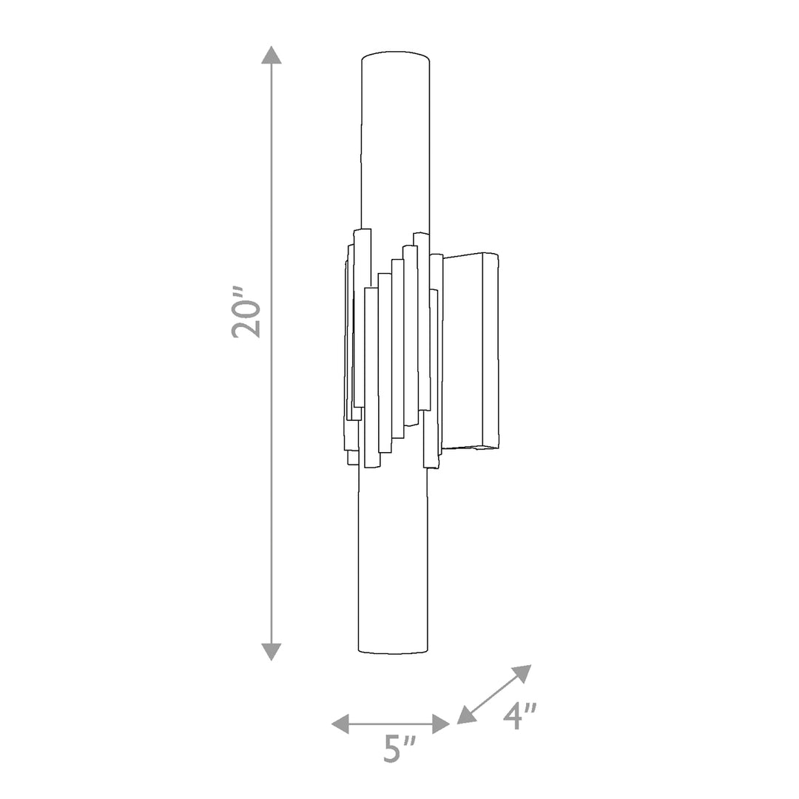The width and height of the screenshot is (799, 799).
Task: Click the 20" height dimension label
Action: pyautogui.click(x=246, y=313)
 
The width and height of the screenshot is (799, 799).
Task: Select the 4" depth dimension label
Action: pyautogui.click(x=520, y=716)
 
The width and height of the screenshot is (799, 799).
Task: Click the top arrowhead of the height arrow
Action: pyautogui.click(x=271, y=55)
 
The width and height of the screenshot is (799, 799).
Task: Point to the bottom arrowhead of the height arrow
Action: pyautogui.click(x=271, y=652)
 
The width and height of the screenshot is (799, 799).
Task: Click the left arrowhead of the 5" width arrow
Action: pyautogui.click(x=340, y=724)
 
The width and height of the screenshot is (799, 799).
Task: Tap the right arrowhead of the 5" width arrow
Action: pyautogui.click(x=441, y=724)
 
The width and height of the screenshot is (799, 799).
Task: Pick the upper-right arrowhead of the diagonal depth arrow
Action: pyautogui.click(x=523, y=672)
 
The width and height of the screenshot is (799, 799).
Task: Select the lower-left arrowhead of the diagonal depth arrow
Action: pyautogui.click(x=466, y=715)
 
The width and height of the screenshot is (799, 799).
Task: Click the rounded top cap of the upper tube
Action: pyautogui.click(x=395, y=55)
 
